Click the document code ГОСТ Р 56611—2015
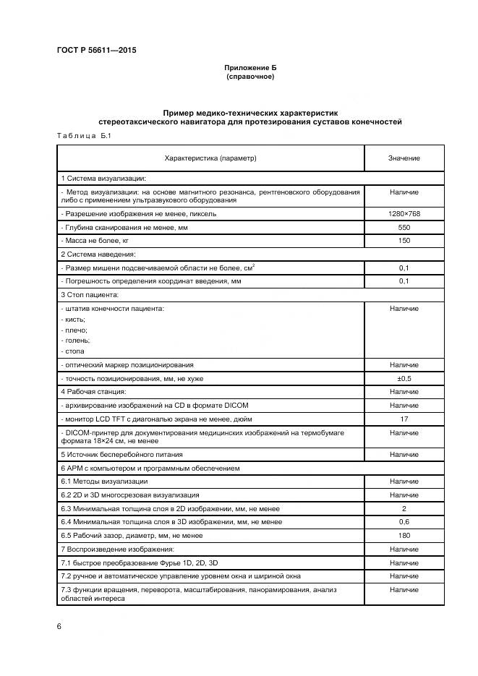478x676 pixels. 95,51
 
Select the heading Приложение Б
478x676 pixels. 249,67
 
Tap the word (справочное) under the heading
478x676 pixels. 249,76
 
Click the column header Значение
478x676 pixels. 404,158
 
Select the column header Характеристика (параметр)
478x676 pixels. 210,158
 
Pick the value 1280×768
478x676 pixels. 404,214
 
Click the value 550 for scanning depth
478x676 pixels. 404,227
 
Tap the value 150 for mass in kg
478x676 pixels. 404,240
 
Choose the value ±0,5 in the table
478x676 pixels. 404,378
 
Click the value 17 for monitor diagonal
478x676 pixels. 404,419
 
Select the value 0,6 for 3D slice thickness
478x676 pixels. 404,522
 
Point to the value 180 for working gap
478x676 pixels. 404,535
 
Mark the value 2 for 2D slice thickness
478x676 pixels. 404,509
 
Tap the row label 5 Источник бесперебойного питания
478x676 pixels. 121,455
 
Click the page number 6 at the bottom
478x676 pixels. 59,627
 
